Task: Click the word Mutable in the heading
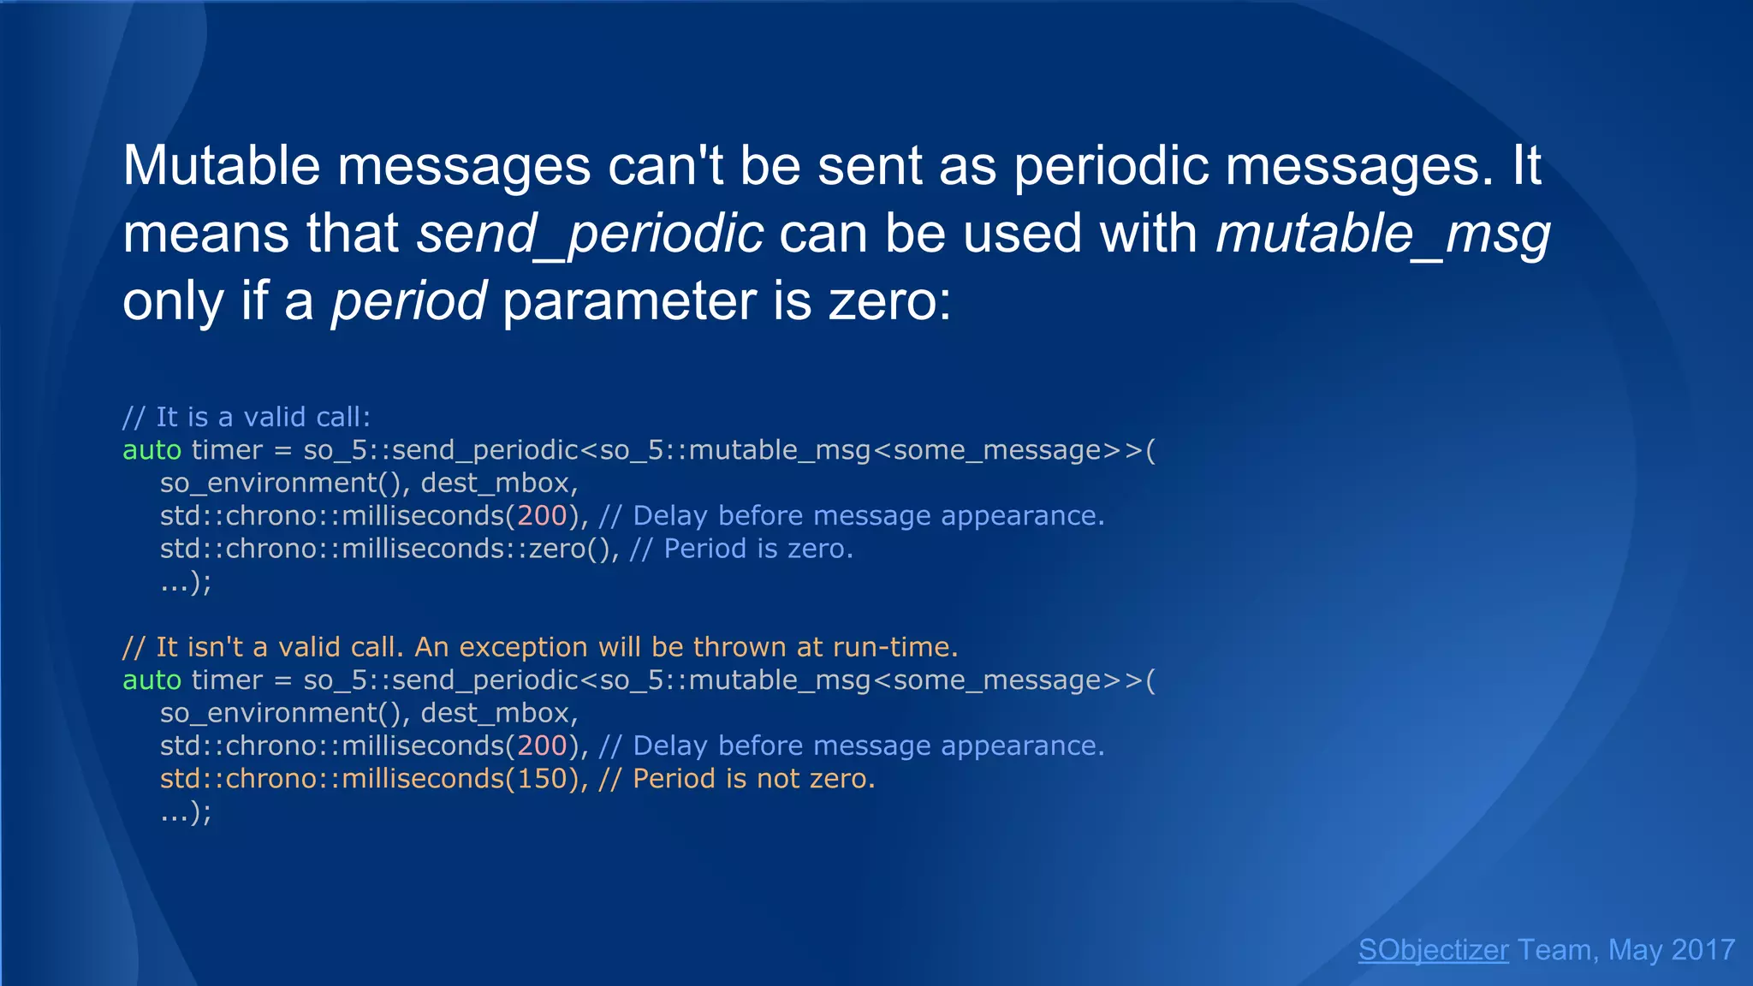coord(221,165)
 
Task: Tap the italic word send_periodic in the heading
coord(590,234)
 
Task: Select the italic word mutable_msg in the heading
coord(1382,234)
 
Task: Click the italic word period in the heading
coord(409,301)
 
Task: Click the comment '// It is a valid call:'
coord(247,417)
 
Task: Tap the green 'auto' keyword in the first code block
coord(152,450)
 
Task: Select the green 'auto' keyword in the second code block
coord(152,680)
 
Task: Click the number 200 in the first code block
coord(542,516)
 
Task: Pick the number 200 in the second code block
coord(542,746)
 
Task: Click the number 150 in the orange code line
coord(542,779)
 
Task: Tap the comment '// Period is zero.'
coord(741,549)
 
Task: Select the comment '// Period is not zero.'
coord(736,779)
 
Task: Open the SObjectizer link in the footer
coord(1433,950)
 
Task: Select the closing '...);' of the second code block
coord(185,812)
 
